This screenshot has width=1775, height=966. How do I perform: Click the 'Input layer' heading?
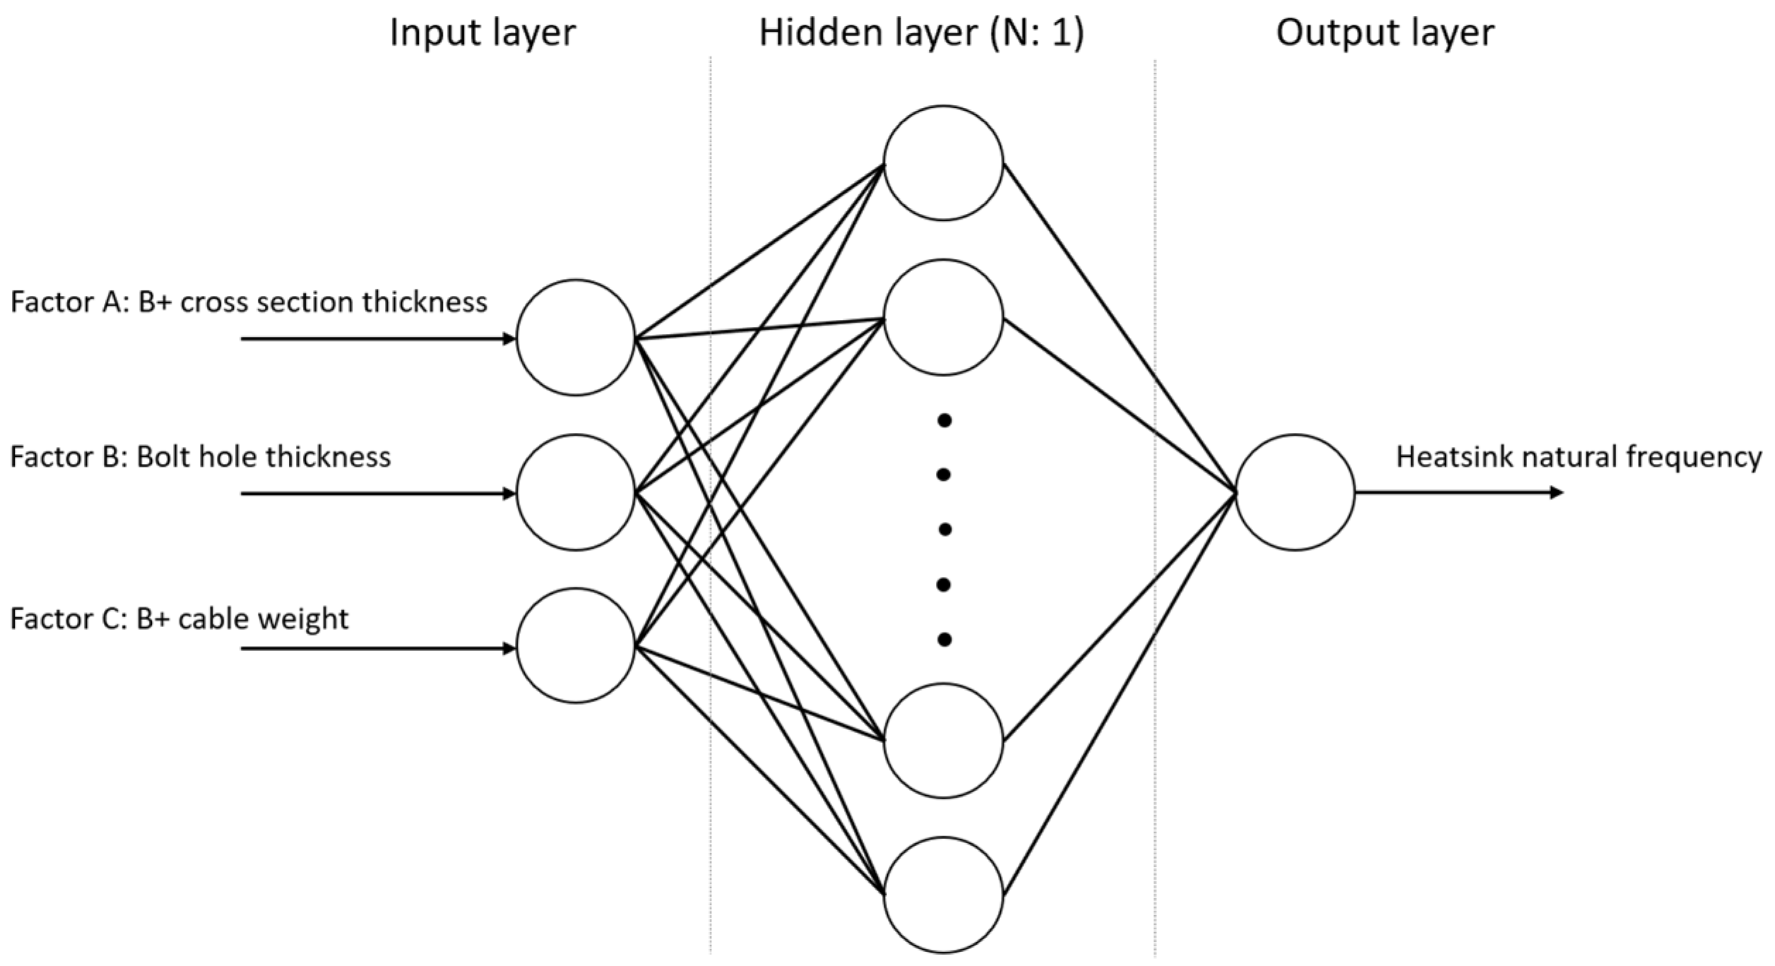coord(482,33)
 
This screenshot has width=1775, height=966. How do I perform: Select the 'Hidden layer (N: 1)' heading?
coord(921,33)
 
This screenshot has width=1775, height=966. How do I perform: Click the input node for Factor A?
coord(576,338)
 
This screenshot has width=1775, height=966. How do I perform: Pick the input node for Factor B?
coord(576,492)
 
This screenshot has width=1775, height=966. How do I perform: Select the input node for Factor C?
coord(576,645)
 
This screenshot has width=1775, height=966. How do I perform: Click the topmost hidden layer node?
coord(943,163)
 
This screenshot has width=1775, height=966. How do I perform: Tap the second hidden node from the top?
coord(943,317)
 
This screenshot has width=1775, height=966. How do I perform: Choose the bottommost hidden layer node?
coord(943,895)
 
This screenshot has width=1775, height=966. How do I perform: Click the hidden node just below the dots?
coord(943,740)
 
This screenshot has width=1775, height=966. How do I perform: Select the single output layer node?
coord(1295,492)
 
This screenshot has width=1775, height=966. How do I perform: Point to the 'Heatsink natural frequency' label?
coord(1578,457)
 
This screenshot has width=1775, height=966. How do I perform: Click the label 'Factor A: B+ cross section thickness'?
coord(249,302)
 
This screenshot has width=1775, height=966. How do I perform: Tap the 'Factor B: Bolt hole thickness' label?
coord(200,457)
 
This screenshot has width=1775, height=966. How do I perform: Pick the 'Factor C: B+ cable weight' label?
coord(179,619)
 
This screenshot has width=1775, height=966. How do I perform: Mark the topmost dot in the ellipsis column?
coord(944,421)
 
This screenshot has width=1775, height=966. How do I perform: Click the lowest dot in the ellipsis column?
coord(944,640)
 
